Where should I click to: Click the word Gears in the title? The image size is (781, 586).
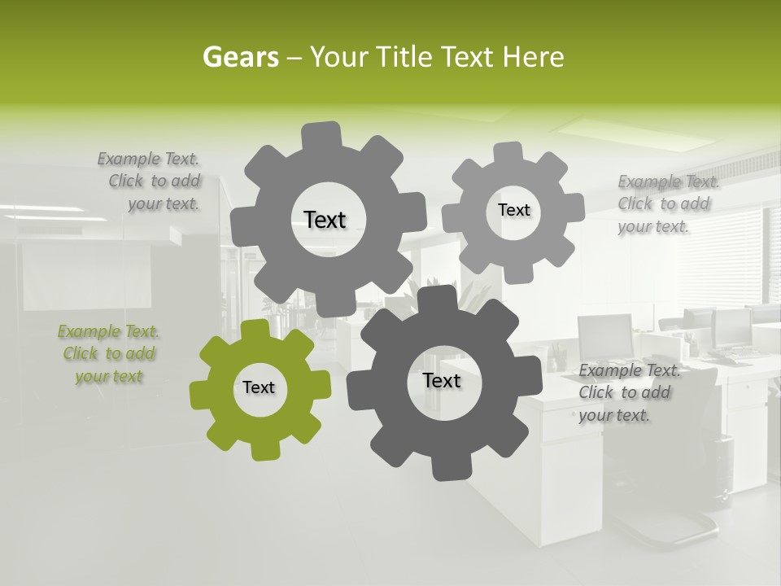point(240,57)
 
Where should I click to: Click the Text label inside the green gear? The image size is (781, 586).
point(259,388)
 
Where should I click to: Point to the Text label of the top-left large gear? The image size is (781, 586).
point(325,220)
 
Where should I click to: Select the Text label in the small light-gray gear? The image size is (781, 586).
point(514,210)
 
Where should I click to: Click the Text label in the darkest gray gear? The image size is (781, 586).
point(442,381)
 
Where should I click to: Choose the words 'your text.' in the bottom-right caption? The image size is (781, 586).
point(614,415)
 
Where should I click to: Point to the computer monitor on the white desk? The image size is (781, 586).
point(605,335)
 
